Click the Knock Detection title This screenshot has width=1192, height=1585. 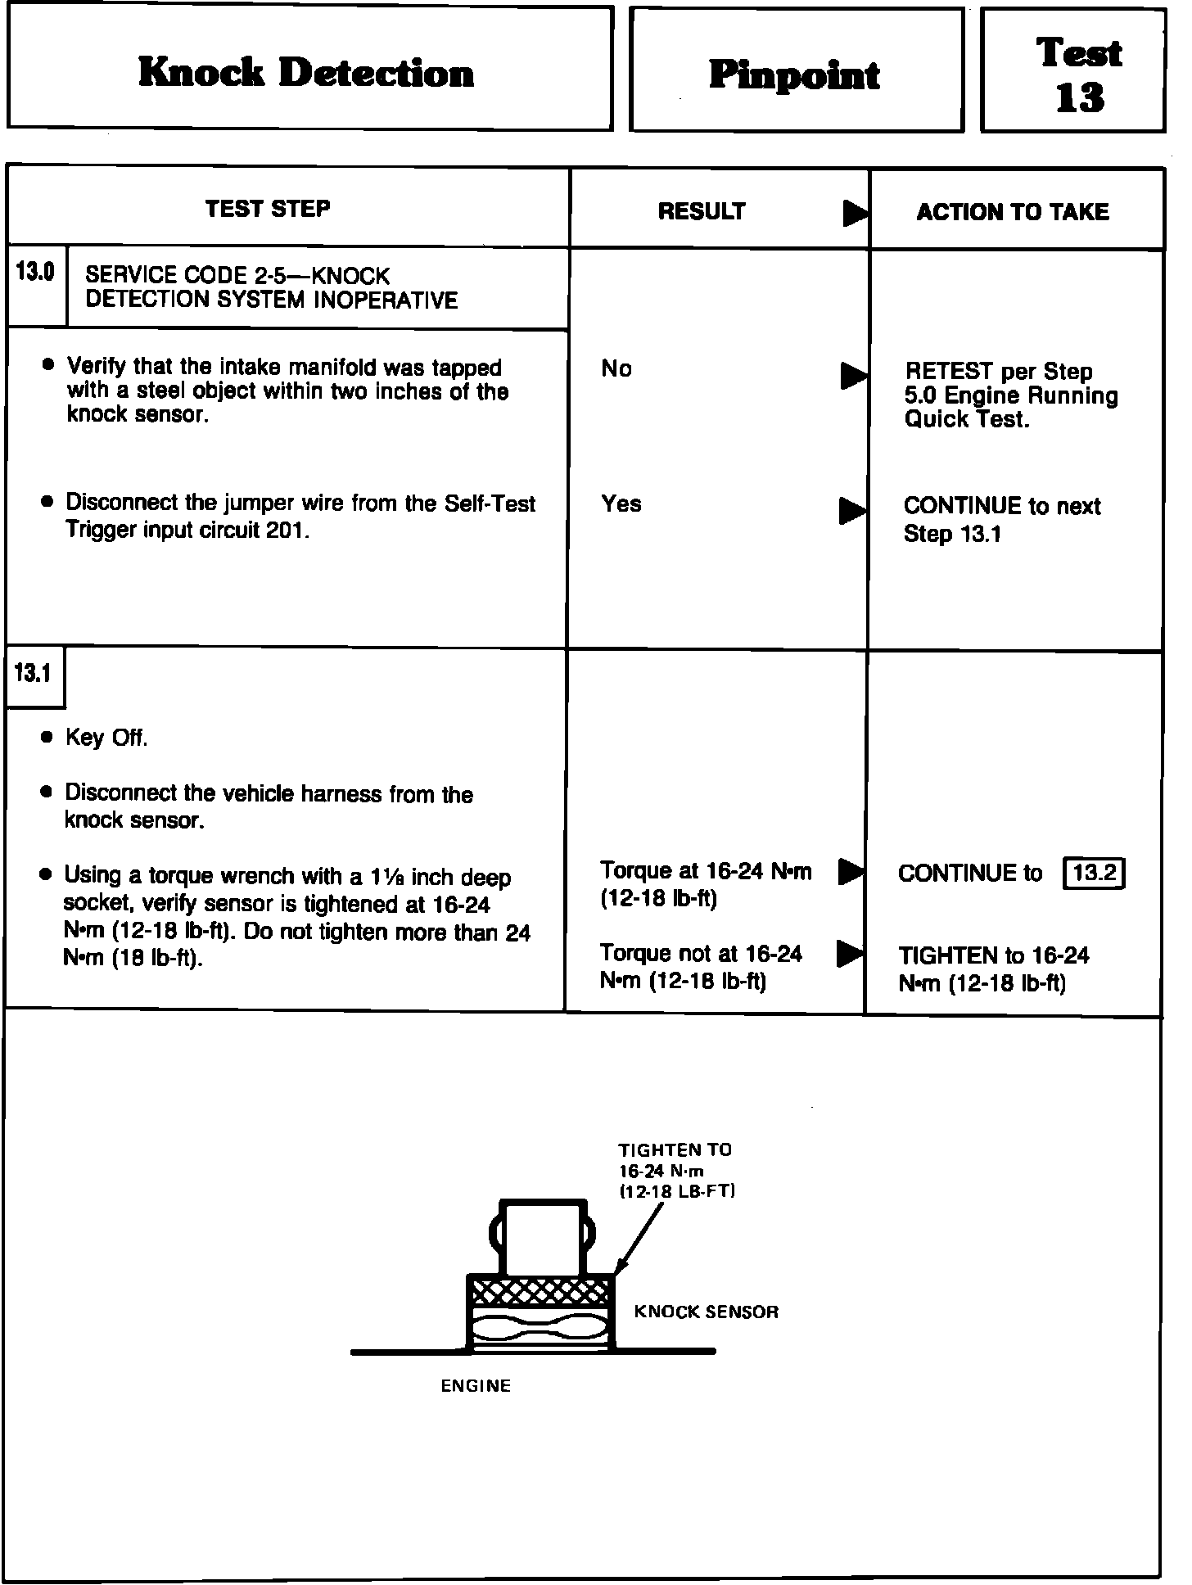point(306,73)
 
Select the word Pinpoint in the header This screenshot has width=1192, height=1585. point(794,75)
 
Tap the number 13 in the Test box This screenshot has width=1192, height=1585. point(1080,98)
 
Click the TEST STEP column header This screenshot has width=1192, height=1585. point(268,209)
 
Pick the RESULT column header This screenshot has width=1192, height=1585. point(702,212)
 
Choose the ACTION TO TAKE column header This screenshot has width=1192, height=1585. point(1013,212)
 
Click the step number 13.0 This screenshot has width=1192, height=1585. point(34,273)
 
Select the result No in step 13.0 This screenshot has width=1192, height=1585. point(616,369)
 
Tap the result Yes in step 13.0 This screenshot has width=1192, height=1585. point(621,503)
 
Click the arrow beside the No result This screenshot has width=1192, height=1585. point(853,376)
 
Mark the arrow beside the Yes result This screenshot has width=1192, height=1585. point(853,511)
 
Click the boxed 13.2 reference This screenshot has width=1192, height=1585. point(1094,874)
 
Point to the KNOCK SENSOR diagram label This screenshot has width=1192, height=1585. point(706,1312)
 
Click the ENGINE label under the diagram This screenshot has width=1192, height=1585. point(476,1385)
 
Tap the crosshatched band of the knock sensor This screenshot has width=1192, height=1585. point(540,1291)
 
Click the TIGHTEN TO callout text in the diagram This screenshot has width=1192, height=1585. point(675,1150)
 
